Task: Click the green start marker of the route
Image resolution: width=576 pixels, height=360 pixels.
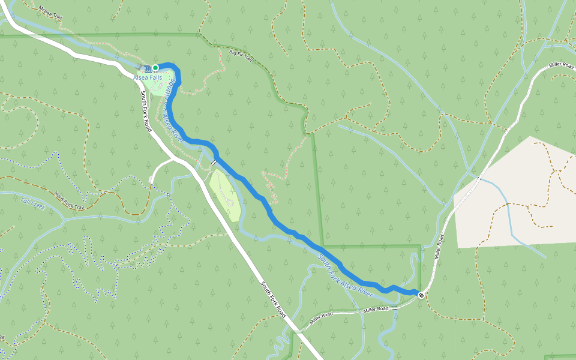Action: point(155,68)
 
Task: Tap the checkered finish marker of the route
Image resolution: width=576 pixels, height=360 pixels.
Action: point(422,295)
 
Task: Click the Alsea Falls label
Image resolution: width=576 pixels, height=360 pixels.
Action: point(147,77)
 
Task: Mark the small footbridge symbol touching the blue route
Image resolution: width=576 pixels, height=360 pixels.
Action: point(213,162)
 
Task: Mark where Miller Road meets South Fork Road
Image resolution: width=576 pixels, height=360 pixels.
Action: point(295,331)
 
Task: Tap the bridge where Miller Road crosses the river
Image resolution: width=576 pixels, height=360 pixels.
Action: point(395,308)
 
